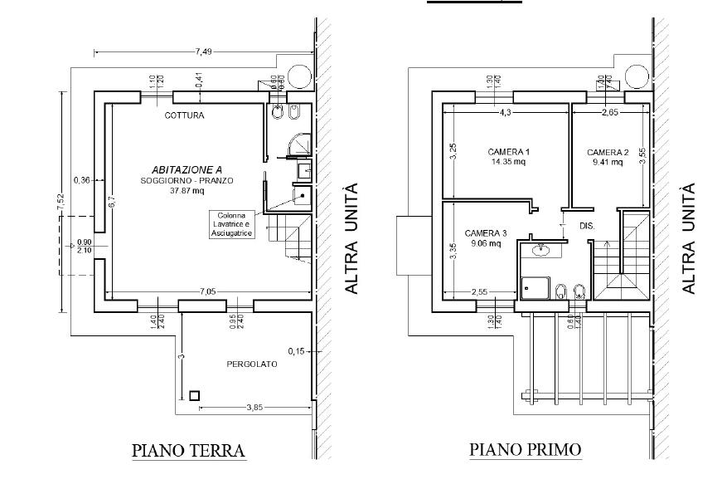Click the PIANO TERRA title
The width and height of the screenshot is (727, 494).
189,451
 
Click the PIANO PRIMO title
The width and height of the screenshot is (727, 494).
526,450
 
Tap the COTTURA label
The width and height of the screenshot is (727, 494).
184,115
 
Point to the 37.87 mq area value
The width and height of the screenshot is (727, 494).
187,190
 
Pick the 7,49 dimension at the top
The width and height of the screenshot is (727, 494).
203,51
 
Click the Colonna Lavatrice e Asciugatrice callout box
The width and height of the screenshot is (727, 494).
232,224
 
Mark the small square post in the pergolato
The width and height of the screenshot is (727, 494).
194,396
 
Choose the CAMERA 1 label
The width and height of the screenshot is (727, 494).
508,152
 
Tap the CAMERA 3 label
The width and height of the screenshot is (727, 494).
485,232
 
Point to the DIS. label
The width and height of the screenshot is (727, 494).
587,226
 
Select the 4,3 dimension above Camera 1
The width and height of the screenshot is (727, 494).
505,111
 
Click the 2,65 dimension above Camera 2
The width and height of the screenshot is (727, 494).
609,111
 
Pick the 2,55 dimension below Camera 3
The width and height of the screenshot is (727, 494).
480,291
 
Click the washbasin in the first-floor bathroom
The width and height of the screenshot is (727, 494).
542,248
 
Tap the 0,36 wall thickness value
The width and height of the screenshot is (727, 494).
81,179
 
